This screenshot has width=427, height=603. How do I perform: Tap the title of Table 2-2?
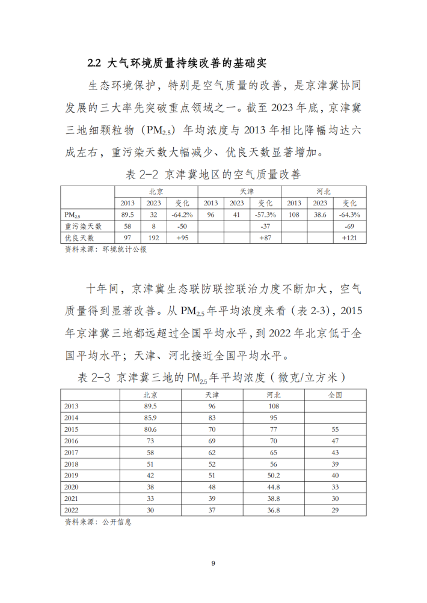[x=213, y=175]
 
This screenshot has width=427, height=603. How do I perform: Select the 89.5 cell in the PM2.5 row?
[x=127, y=214]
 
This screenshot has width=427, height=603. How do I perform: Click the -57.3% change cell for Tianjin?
[x=265, y=214]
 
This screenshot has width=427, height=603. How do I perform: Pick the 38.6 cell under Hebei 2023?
[x=323, y=214]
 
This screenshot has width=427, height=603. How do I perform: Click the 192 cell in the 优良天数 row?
[x=153, y=238]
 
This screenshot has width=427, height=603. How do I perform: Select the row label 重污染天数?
[x=84, y=226]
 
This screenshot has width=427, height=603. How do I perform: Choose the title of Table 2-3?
[x=213, y=378]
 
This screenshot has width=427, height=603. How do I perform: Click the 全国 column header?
[x=335, y=395]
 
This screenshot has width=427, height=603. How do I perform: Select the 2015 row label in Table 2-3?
[x=73, y=429]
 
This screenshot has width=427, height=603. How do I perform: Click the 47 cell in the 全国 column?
[x=335, y=441]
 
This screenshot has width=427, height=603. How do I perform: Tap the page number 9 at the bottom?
[x=213, y=563]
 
